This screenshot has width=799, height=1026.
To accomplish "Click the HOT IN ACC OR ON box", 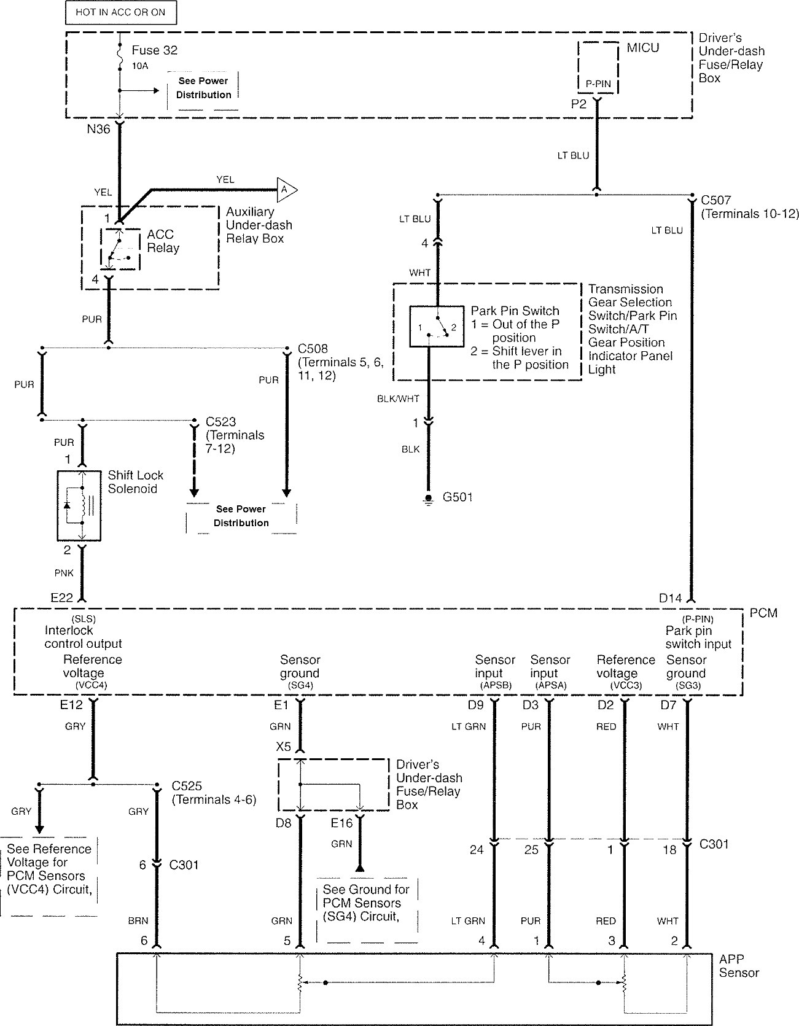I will (120, 12).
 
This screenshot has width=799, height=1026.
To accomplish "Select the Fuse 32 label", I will (155, 50).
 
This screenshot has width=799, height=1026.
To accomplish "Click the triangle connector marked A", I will (286, 190).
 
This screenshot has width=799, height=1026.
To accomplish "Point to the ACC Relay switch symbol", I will (120, 249).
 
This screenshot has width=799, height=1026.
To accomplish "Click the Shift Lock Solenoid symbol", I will (79, 506).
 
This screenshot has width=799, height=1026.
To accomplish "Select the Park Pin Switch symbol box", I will (437, 326).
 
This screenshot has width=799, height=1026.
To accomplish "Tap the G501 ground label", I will (458, 497).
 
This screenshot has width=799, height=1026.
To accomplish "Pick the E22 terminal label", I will (61, 597).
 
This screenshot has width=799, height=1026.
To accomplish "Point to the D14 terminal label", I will (670, 597).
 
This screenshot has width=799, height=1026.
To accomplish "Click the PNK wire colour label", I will (63, 573).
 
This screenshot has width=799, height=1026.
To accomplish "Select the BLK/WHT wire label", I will (398, 398).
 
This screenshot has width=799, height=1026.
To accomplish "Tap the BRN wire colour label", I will (138, 921).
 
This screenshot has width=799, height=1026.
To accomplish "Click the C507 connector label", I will (715, 200).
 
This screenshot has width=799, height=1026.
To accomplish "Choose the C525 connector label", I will (187, 786).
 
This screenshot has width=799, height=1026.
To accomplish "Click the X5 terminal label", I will (283, 747).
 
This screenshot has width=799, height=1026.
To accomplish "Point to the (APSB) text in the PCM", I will (494, 685).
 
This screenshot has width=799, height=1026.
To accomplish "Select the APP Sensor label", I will (739, 966).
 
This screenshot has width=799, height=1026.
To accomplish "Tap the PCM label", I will (763, 613).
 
